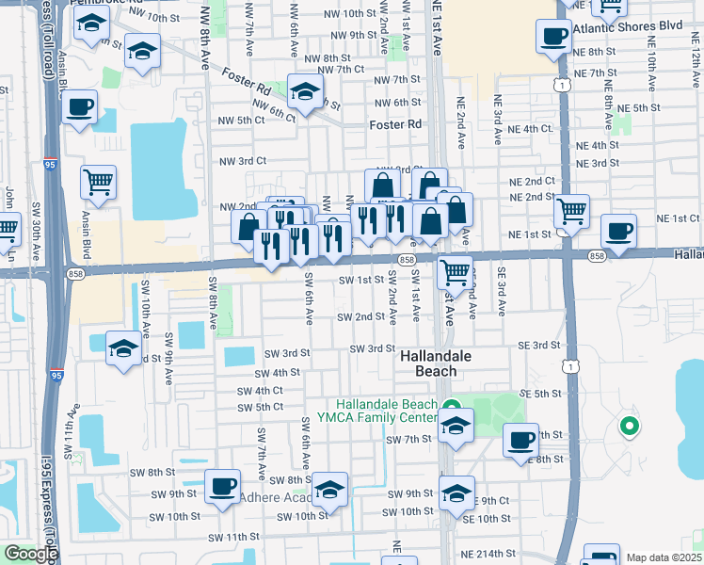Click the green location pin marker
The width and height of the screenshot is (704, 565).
point(628,427)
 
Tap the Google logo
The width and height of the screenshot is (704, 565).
point(31,554)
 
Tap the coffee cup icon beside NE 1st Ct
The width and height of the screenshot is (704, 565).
point(618,230)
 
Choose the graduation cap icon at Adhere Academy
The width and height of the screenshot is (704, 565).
point(330,488)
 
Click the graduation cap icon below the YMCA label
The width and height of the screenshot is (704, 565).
point(456,425)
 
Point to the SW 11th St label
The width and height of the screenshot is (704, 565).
point(233,537)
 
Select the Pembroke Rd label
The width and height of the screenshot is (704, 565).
point(104,3)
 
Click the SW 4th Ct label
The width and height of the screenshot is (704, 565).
point(261,391)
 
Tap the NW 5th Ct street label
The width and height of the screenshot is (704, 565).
point(241,121)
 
